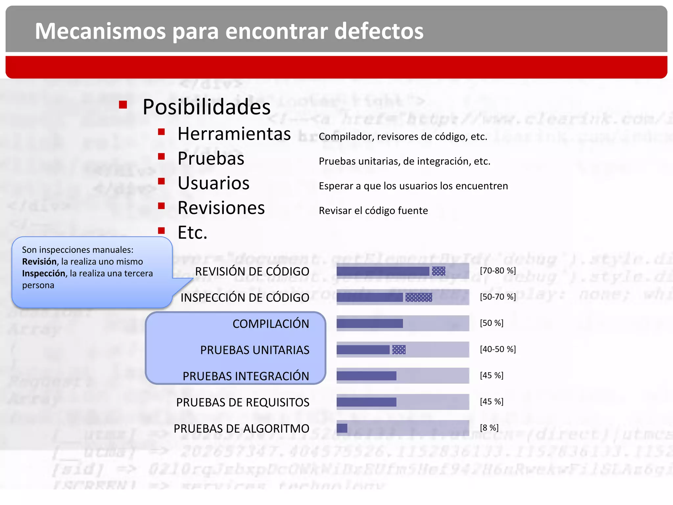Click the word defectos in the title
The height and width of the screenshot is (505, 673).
click(379, 31)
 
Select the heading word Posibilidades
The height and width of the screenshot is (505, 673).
click(206, 107)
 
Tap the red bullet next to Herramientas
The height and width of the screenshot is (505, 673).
click(161, 132)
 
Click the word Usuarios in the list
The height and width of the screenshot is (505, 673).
click(214, 183)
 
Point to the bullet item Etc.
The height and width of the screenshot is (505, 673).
click(192, 233)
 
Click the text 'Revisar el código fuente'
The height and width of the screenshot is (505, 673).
click(373, 210)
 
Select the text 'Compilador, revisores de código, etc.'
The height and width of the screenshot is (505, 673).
click(403, 136)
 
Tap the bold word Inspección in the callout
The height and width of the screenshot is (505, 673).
click(43, 274)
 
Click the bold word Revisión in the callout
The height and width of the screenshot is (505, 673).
click(39, 262)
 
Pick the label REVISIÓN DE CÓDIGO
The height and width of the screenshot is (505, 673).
click(252, 272)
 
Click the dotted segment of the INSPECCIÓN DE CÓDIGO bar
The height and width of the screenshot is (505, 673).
click(419, 297)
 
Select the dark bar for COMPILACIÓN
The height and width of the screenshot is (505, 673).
click(370, 324)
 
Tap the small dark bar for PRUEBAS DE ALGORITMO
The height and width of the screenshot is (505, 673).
click(342, 428)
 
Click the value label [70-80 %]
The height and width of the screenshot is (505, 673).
click(498, 271)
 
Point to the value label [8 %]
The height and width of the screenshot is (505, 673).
click(489, 428)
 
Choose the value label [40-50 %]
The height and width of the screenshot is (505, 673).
click(498, 349)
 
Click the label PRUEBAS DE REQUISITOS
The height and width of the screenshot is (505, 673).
click(243, 402)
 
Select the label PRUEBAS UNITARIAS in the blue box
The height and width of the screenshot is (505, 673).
click(255, 350)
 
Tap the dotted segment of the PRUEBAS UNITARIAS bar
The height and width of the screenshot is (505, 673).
click(399, 349)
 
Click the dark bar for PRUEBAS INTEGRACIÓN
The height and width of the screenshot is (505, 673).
click(366, 376)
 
